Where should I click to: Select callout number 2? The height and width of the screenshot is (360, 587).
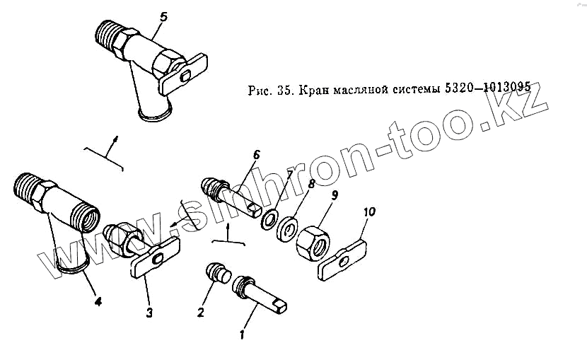point(202,312)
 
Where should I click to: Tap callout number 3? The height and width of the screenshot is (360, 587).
point(149,312)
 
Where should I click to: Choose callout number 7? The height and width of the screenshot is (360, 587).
point(289,194)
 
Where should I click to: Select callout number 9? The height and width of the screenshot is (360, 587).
point(335,194)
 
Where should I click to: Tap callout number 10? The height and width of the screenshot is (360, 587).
point(370,211)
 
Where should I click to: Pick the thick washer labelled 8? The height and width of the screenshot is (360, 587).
point(287,230)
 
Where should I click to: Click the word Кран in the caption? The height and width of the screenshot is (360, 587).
point(314,91)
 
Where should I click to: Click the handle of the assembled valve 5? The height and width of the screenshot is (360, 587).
point(183,74)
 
